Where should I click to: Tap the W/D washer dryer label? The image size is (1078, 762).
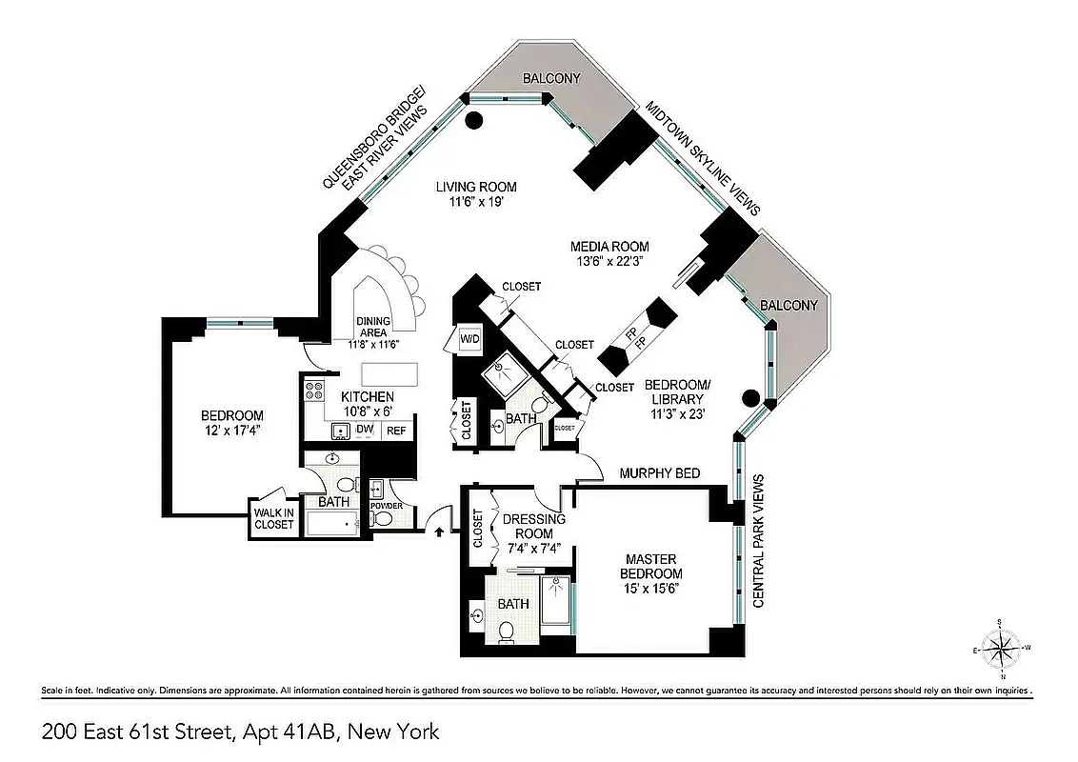(x=469, y=339)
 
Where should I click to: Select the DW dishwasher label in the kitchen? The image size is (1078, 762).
(x=365, y=430)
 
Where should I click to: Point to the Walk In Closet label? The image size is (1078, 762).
(x=274, y=517)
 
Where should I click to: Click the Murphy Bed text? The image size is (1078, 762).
(x=659, y=473)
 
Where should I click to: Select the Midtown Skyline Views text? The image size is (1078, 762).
(x=702, y=157)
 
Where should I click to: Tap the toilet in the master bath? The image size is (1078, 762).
(x=507, y=629)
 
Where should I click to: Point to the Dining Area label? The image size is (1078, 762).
(x=372, y=326)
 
